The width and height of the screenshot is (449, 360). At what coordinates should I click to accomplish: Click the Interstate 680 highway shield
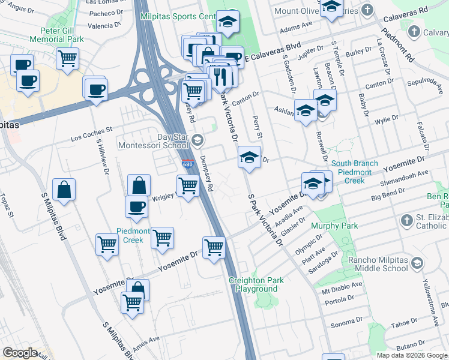(187, 164)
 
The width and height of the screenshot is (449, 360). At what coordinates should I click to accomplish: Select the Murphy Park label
(334, 226)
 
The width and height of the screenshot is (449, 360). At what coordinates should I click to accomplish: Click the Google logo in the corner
(20, 353)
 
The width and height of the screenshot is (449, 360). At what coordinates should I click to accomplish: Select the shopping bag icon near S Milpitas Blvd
(64, 190)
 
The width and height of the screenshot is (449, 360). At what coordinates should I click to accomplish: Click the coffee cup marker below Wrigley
(136, 206)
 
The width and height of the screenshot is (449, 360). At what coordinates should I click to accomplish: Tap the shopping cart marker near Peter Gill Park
(68, 59)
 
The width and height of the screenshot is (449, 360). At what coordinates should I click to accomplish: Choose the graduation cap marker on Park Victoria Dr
(249, 157)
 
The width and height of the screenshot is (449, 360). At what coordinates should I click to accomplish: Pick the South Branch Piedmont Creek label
(354, 172)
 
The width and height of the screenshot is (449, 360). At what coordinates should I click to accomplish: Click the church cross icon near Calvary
(413, 31)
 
